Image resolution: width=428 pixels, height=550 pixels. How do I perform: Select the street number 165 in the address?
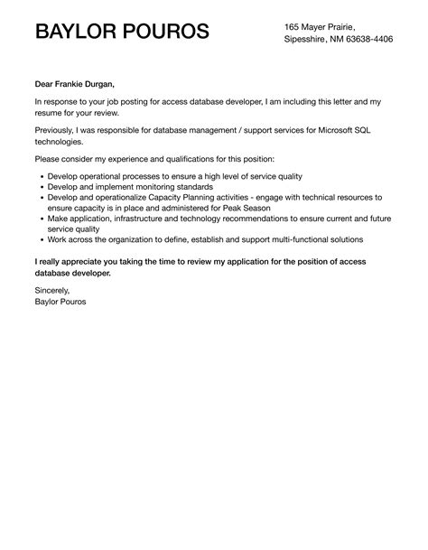(x=293, y=25)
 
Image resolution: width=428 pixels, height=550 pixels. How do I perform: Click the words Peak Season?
(x=246, y=207)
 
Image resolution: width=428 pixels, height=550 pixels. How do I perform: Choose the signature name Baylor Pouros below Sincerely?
(x=61, y=303)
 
